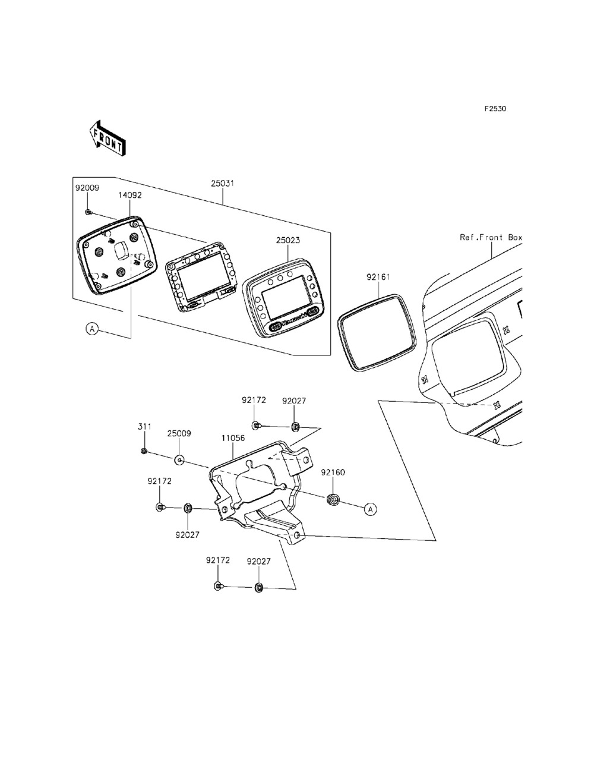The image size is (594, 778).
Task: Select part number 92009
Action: (x=87, y=188)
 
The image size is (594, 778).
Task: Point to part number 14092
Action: (x=130, y=194)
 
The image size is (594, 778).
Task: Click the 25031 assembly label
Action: (x=222, y=184)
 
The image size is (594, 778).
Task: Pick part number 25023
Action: (x=287, y=240)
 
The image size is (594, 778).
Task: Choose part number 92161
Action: (x=378, y=277)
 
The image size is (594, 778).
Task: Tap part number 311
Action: (x=144, y=427)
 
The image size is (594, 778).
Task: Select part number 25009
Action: (x=179, y=434)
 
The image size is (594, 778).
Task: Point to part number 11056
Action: (x=233, y=438)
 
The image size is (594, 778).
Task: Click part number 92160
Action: (x=333, y=473)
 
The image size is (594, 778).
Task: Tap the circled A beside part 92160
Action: (x=370, y=509)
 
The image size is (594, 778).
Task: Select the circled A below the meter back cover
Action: (x=91, y=327)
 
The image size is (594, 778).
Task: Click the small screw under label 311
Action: (x=144, y=451)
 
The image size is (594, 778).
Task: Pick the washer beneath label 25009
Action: (x=179, y=459)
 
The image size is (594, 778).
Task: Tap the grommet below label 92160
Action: (x=333, y=499)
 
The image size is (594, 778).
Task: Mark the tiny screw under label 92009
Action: (x=88, y=212)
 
